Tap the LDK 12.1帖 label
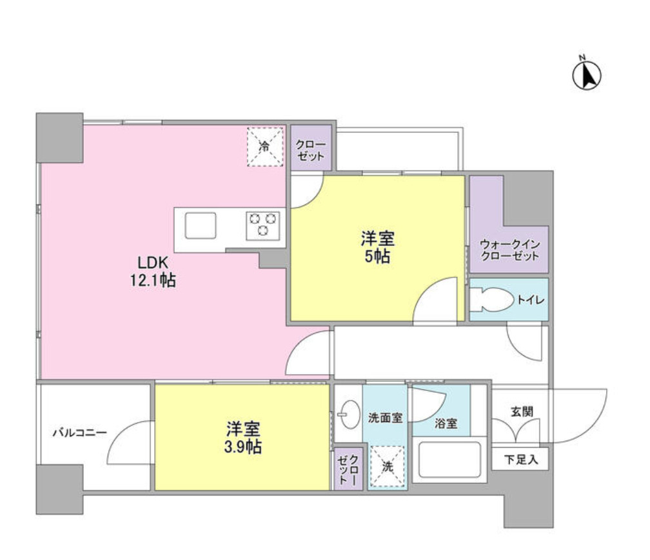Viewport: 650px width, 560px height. tap(153, 271)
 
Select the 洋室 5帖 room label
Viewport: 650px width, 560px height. tap(377, 247)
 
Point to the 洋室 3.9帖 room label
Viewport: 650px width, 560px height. tap(243, 437)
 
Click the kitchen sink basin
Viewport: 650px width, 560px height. tap(200, 226)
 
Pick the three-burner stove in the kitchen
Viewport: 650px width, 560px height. tap(263, 226)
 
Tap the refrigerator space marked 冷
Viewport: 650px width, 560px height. tap(265, 146)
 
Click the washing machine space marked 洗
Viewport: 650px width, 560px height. tap(387, 466)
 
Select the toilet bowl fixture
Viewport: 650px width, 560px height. tap(491, 299)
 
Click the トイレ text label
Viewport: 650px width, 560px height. tap(530, 299)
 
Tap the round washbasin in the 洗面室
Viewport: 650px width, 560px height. tap(350, 414)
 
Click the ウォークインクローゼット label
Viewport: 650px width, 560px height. tap(509, 250)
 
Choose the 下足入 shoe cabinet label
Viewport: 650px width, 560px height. tap(520, 459)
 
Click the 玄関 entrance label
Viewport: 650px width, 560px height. tap(522, 412)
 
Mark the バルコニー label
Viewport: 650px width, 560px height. tap(79, 433)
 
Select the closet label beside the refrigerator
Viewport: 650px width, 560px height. tap(311, 150)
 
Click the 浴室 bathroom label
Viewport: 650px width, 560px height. tap(446, 423)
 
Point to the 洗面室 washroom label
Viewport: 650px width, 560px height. tap(385, 417)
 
